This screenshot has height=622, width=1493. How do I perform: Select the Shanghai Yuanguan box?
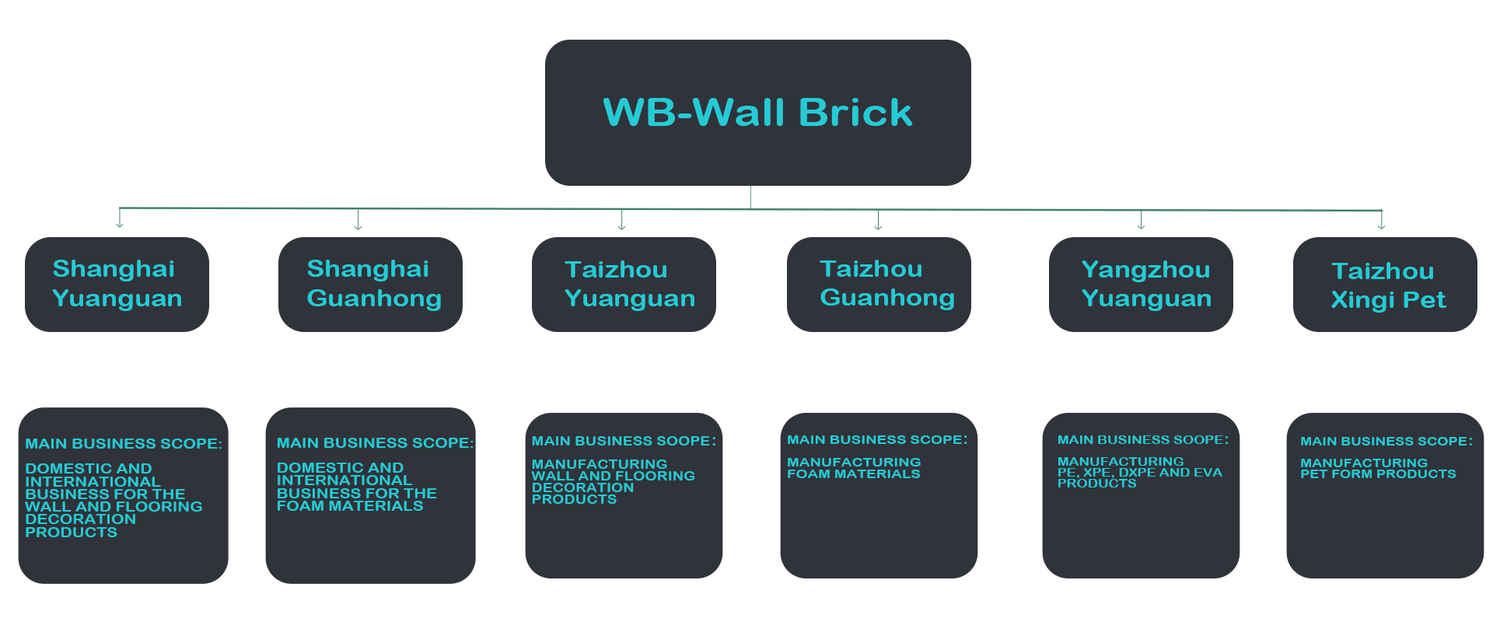(117, 285)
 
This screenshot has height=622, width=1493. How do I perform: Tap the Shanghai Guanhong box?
(370, 285)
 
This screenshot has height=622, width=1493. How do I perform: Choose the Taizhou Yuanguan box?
(624, 285)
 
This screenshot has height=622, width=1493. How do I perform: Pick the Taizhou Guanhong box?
(879, 285)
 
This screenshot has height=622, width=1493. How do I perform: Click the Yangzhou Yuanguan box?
(1141, 285)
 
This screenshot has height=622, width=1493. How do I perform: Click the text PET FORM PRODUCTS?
(1378, 474)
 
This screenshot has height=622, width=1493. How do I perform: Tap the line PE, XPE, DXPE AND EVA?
(1139, 473)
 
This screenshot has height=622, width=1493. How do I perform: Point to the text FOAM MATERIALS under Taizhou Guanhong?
(853, 474)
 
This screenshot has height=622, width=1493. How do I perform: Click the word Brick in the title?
(855, 113)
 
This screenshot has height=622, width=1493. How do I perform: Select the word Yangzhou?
(1145, 270)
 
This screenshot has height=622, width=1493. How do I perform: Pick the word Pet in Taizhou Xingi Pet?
(1424, 300)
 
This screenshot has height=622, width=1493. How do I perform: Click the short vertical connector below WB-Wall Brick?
(750, 197)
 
